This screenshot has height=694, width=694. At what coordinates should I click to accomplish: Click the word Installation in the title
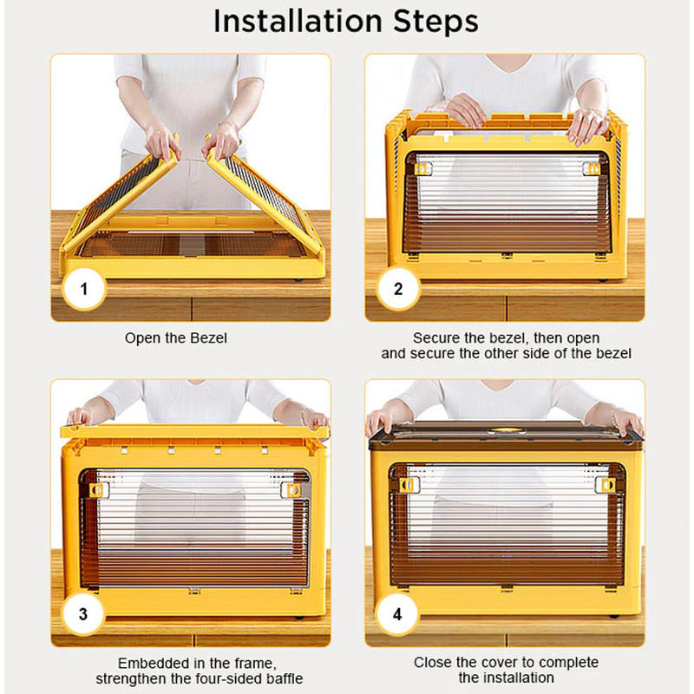(x=298, y=21)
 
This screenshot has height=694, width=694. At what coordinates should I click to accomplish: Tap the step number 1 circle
(x=84, y=289)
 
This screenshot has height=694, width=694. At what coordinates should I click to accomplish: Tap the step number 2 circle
(x=398, y=289)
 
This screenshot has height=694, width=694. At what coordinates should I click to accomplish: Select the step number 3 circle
(x=83, y=614)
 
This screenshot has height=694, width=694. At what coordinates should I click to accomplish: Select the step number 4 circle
(x=397, y=614)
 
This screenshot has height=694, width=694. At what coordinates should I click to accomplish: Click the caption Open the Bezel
(x=176, y=338)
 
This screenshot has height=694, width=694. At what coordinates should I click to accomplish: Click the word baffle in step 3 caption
(x=285, y=678)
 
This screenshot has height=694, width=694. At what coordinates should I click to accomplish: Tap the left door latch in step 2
(x=422, y=168)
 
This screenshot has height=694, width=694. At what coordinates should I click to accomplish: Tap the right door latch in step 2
(x=592, y=168)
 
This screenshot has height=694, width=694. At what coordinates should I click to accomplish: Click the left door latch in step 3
(x=98, y=489)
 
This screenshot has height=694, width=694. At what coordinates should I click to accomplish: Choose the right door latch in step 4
(x=606, y=485)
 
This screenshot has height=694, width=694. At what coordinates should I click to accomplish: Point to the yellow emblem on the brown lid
(x=504, y=429)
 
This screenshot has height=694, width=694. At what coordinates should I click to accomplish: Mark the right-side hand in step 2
(x=588, y=126)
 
